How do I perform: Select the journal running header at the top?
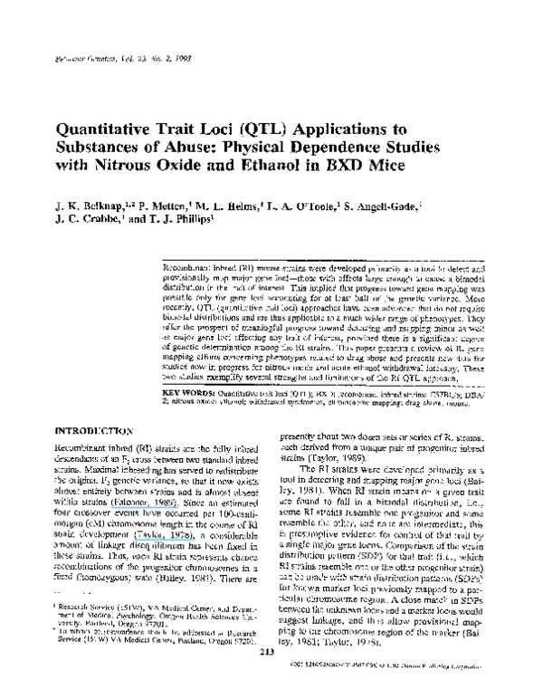click(107, 28)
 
